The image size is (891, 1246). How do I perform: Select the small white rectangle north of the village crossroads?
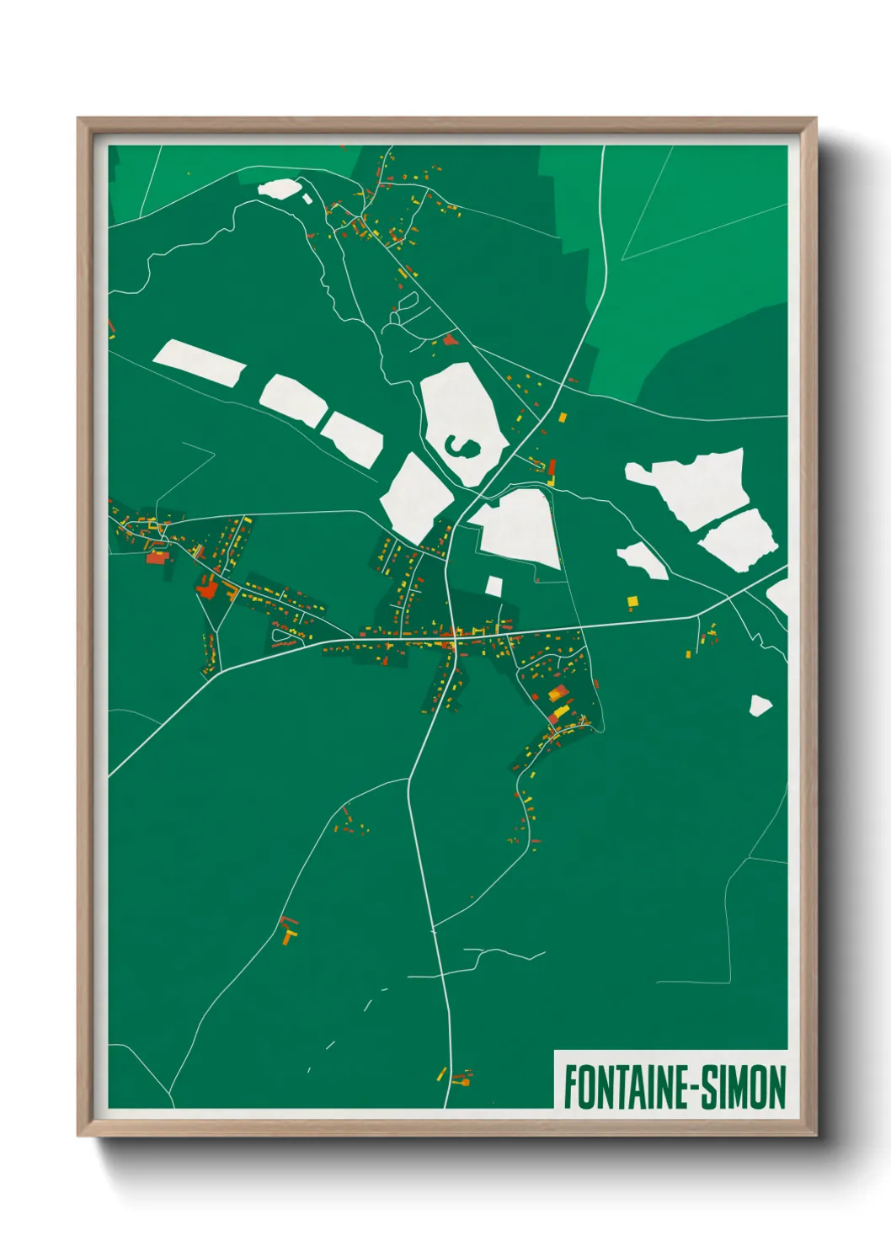494,586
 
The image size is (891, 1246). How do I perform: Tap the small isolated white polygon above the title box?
760,705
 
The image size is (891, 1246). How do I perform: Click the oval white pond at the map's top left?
279,188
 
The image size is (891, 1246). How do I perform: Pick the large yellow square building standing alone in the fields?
632,600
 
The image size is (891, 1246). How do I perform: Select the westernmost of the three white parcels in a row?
199,363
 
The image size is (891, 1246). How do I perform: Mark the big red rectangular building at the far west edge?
157,556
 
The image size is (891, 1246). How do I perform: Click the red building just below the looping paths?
450,340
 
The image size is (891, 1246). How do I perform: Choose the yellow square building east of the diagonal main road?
563,417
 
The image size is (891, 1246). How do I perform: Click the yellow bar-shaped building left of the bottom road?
440,1073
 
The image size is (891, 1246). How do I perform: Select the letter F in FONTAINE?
570,1087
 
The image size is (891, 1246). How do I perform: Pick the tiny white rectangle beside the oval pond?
307,199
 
